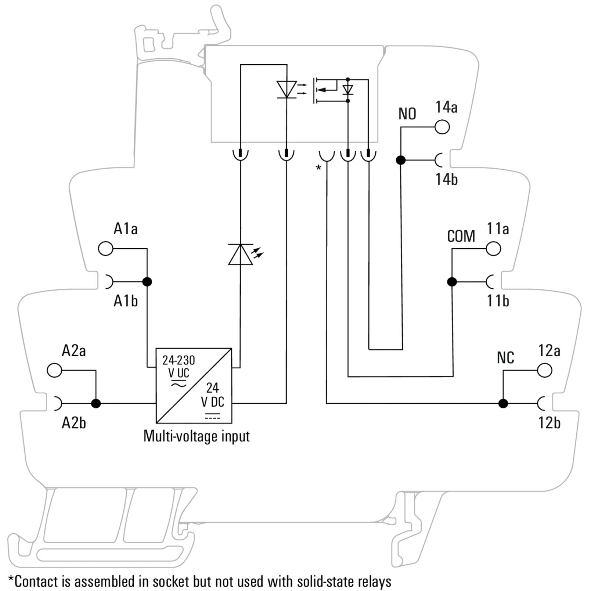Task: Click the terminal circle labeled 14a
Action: [442, 127]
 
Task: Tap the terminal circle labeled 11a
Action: [493, 249]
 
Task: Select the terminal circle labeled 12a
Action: [544, 370]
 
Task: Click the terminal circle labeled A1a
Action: [106, 249]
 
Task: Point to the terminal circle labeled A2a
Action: [55, 370]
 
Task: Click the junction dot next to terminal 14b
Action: [401, 160]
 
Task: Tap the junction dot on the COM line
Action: [452, 282]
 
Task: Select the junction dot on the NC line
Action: [503, 403]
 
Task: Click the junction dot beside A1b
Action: [147, 282]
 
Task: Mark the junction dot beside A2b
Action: [96, 403]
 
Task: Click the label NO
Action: [407, 114]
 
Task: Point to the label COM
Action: [461, 236]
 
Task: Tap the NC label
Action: [505, 358]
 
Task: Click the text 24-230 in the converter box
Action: [179, 360]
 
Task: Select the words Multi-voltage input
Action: [197, 436]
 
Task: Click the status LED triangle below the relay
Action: [240, 254]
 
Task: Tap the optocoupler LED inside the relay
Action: [287, 89]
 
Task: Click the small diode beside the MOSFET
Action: [348, 90]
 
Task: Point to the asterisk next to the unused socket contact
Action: [318, 168]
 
